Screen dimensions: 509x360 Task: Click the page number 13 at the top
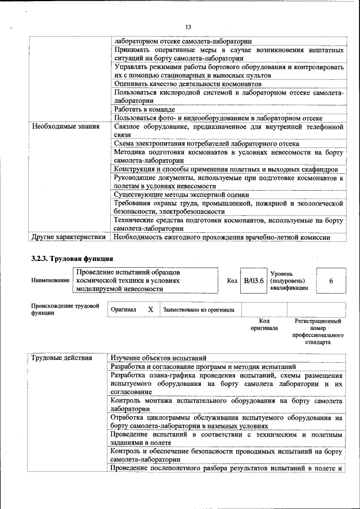click(x=188, y=28)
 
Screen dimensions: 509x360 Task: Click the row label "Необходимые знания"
click(x=62, y=127)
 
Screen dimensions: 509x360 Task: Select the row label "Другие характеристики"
click(x=69, y=237)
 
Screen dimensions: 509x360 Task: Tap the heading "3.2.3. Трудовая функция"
click(x=73, y=259)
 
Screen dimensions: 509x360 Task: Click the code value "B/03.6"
click(x=253, y=280)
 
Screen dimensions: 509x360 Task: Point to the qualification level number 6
click(x=331, y=280)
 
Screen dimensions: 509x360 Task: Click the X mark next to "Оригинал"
click(x=150, y=309)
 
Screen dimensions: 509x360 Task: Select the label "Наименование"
click(x=50, y=280)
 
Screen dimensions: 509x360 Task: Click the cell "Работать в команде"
click(x=145, y=109)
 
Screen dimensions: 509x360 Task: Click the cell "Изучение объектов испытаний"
click(x=159, y=358)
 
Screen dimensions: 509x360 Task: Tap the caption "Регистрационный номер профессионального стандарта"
click(x=318, y=331)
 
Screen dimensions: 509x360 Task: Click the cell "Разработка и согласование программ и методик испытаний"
click(x=203, y=367)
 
